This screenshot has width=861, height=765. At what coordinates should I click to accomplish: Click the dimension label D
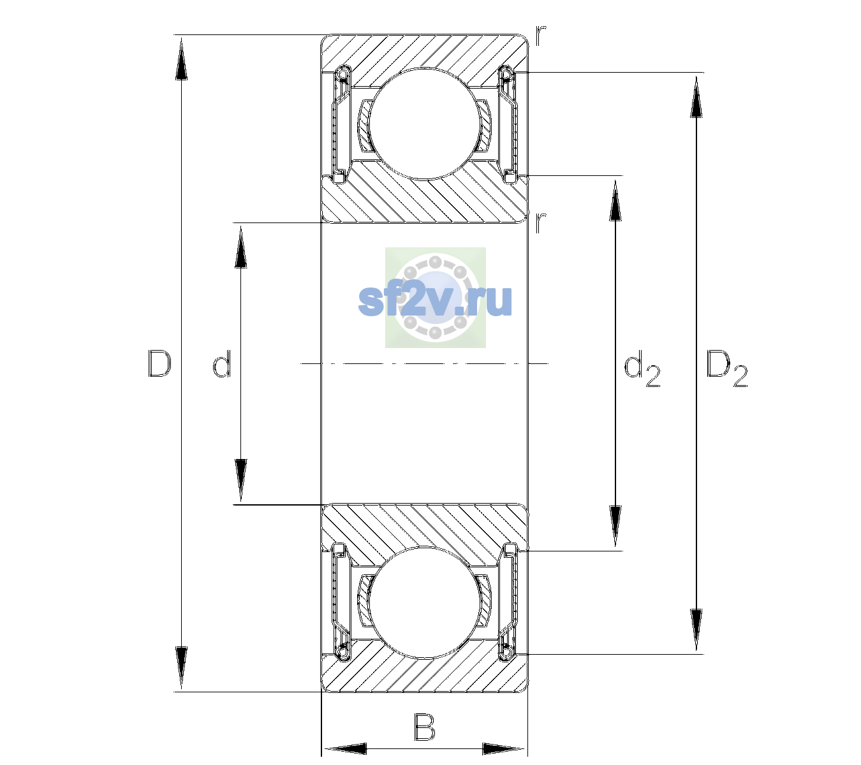(x=159, y=363)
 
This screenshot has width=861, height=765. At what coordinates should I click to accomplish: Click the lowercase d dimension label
(x=222, y=363)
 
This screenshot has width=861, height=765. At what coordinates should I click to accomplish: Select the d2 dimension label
(x=642, y=368)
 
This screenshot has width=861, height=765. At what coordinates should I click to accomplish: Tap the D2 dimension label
(x=726, y=368)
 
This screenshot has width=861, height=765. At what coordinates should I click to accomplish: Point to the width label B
(x=425, y=727)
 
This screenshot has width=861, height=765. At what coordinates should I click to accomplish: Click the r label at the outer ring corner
(x=541, y=36)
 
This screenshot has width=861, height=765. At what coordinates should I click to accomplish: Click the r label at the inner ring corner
(x=541, y=222)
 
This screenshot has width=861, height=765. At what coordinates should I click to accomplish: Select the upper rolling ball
(x=424, y=123)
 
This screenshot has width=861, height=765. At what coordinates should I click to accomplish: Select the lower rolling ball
(x=424, y=602)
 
